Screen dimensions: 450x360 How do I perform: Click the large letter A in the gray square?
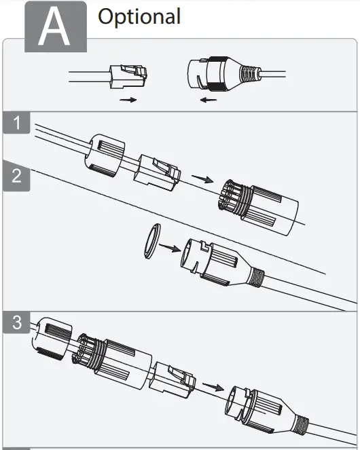55,29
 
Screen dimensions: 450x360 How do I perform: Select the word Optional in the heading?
139,16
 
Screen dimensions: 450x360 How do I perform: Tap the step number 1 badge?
16,124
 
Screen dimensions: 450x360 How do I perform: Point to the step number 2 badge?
16,176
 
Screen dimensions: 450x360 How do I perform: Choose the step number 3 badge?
16,323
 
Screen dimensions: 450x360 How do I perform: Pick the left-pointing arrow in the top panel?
209,100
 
